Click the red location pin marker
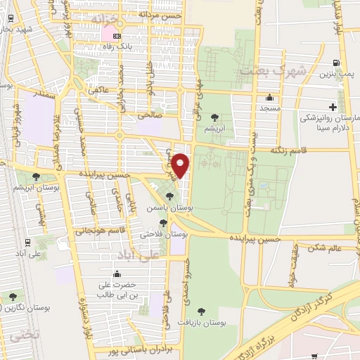(x=181, y=165)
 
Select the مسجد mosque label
(x=269, y=109)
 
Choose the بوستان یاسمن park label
(x=165, y=208)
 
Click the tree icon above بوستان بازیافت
(x=202, y=310)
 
